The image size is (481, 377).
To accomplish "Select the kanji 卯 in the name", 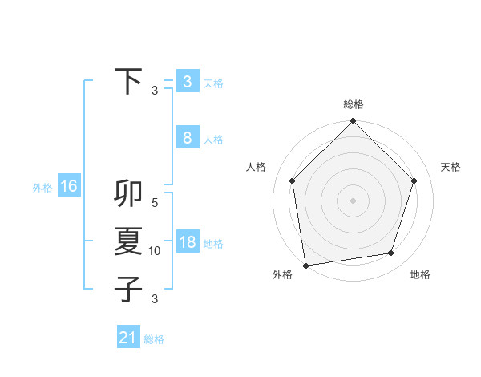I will [x=129, y=195].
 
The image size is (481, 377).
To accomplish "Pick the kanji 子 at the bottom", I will [x=129, y=289].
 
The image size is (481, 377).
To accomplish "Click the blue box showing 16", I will [x=69, y=186].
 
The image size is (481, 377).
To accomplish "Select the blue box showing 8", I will [x=187, y=138].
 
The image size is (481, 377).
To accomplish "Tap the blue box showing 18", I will [x=187, y=242].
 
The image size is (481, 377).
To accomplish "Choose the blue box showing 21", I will [x=128, y=338].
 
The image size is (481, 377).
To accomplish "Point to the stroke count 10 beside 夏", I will [x=155, y=251].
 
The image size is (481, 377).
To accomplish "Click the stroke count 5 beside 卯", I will [x=155, y=204].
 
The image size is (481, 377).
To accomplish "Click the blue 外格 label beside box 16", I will [x=42, y=188].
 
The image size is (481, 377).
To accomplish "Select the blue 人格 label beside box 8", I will [x=213, y=140].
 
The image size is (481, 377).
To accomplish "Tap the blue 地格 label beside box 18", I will [x=213, y=244].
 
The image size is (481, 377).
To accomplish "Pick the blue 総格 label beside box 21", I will [x=154, y=339].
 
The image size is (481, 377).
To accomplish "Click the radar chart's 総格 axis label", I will [x=353, y=104].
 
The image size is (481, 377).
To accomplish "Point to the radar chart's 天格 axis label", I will [x=451, y=167].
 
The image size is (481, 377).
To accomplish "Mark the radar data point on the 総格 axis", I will [x=353, y=122].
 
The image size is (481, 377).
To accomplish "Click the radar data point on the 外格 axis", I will [x=305, y=265].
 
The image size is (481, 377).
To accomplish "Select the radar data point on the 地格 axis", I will [x=391, y=253].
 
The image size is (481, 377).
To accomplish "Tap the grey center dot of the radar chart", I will [x=353, y=200].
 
